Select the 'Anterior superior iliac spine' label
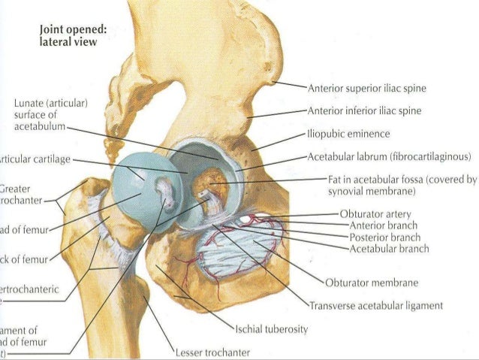tap(367, 89)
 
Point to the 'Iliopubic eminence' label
tap(348, 135)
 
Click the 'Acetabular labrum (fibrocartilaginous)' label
tap(389, 157)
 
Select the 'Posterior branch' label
tap(383, 237)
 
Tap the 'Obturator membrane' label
tap(372, 283)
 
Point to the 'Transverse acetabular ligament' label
tap(376, 306)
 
